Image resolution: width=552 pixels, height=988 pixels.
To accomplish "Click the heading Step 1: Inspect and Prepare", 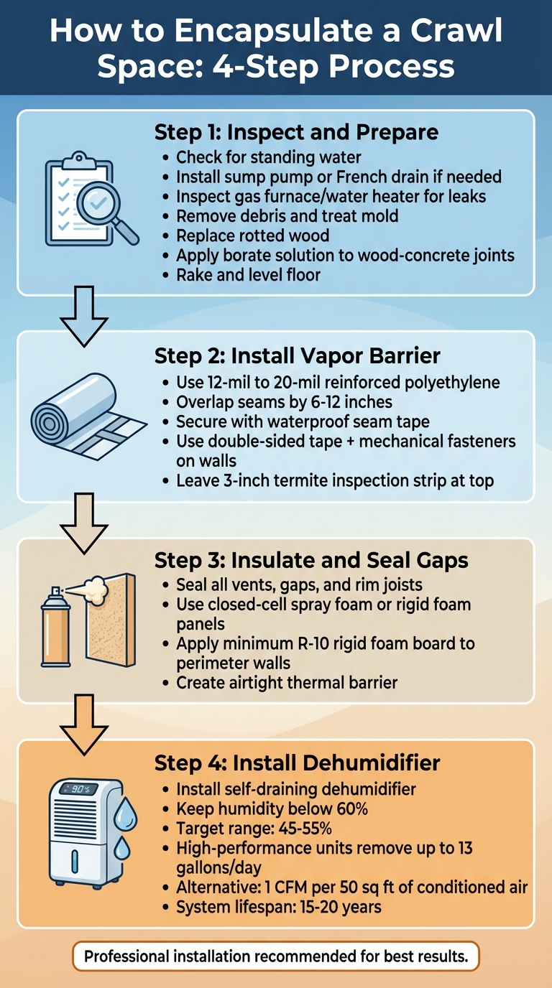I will (x=296, y=134).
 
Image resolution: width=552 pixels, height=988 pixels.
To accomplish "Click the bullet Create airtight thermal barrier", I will (x=287, y=682).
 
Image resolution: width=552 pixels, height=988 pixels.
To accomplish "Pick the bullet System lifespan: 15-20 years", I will (x=279, y=907).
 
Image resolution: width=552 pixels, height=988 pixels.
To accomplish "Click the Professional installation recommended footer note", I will (x=276, y=956).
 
